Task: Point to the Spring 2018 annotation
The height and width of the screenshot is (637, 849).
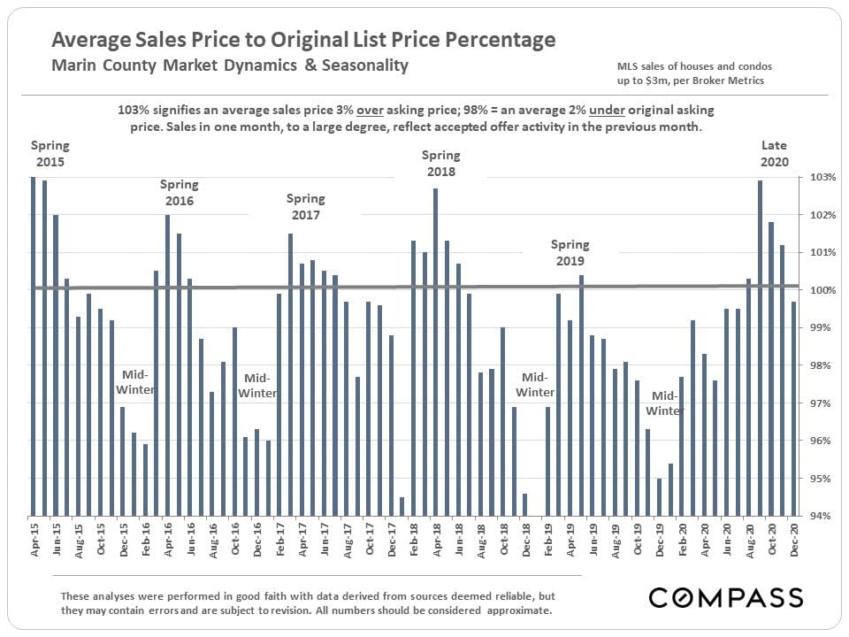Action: [440, 164]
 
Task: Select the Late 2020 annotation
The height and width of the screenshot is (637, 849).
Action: [774, 154]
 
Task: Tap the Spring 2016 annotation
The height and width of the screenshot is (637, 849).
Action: [179, 193]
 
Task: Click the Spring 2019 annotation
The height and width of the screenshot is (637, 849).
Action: [570, 253]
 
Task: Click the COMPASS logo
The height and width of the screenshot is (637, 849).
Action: [726, 597]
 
